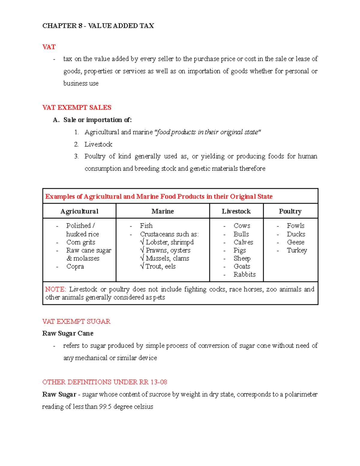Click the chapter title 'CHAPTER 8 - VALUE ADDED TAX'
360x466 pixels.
(x=98, y=26)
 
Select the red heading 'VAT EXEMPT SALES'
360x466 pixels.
(x=77, y=107)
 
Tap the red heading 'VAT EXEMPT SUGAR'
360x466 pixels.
(x=76, y=321)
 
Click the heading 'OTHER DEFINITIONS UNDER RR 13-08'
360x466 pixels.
(x=104, y=382)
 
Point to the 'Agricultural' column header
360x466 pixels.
(x=79, y=211)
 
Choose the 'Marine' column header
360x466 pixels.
(x=162, y=211)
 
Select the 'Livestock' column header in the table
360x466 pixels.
(x=236, y=211)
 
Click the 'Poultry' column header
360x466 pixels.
(x=290, y=211)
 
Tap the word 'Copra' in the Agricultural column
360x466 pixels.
(x=75, y=266)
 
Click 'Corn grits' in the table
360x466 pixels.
(x=81, y=242)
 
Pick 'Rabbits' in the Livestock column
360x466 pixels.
(x=244, y=274)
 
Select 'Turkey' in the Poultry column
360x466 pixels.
(x=297, y=250)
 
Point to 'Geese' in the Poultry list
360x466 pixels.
(x=295, y=242)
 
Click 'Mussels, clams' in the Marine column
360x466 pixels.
(x=167, y=258)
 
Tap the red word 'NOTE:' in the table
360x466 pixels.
(x=55, y=289)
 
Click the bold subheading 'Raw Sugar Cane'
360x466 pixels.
(x=68, y=333)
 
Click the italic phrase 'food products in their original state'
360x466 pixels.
(x=207, y=132)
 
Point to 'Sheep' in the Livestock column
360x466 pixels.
(x=242, y=258)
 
